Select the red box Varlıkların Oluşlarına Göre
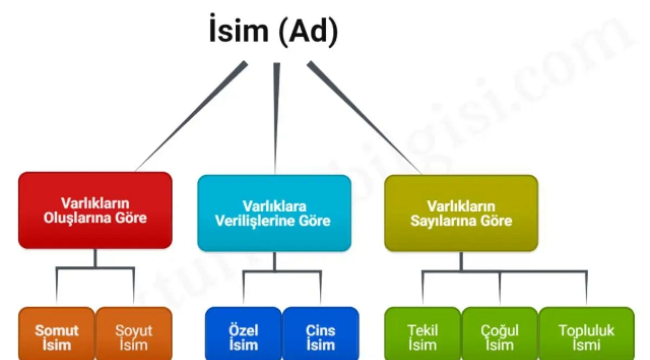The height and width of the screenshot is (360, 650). pos(95,211)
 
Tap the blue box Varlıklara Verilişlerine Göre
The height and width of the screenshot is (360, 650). pos(274,211)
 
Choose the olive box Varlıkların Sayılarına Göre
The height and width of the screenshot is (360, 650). pos(461,211)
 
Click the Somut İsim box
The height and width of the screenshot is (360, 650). pos(57,336)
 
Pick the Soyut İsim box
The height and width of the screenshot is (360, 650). pos(133,336)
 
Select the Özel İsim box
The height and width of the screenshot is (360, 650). pos(243,336)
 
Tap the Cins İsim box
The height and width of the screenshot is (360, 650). pos(321,336)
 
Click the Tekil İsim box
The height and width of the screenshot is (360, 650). pos(423,336)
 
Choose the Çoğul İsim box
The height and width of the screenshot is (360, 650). pos(499,336)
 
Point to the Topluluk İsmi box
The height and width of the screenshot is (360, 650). pos(586,336)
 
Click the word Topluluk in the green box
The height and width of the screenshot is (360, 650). pos(586,330)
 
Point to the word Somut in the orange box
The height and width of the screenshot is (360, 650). pos(57,330)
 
